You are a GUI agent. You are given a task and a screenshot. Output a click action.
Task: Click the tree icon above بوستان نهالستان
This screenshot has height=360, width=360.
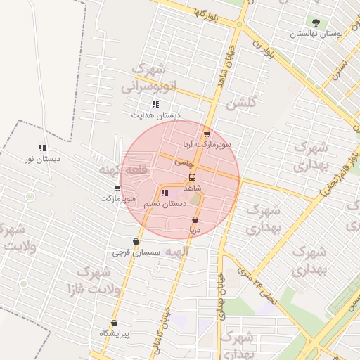click(315, 22)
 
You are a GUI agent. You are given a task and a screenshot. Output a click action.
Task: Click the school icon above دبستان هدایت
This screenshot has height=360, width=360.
click(155, 104)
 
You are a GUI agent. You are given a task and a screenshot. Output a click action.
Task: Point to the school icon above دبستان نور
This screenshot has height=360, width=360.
click(42, 148)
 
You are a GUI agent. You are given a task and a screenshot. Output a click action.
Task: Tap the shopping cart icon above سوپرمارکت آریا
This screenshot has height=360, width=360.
click(206, 134)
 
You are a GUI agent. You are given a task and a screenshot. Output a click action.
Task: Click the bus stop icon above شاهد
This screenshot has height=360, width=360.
click(193, 178)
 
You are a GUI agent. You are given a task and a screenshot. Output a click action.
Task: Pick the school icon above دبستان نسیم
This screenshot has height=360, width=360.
click(165, 193)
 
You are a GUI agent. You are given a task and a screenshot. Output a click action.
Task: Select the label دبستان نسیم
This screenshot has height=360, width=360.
click(165, 203)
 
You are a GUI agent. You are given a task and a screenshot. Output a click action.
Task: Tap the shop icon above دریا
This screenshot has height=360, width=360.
click(195, 220)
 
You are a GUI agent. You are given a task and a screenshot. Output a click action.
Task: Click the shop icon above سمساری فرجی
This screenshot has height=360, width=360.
click(136, 242)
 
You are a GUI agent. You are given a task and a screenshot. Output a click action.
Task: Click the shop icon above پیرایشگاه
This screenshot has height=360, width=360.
click(114, 323)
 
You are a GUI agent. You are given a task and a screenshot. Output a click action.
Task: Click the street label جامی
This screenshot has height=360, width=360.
click(184, 162)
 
